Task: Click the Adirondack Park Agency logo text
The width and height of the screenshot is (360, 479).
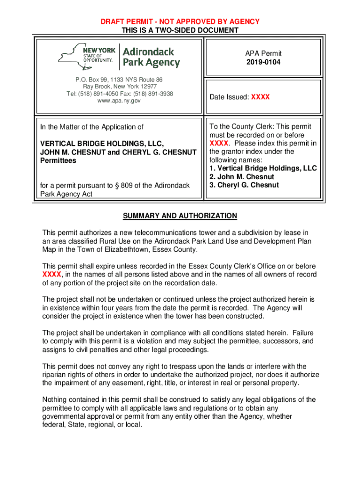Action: [x=151, y=57]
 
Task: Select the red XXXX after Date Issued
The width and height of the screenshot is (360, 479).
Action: [x=260, y=97]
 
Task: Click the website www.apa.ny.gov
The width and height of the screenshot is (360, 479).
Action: [x=119, y=101]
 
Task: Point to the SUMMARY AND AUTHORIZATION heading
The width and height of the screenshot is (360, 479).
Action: [x=180, y=216]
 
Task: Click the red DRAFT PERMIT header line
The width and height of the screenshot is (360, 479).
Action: [x=180, y=22]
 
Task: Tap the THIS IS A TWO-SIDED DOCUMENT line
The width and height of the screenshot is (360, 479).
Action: [x=180, y=30]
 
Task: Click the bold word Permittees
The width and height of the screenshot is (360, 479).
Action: [x=58, y=160]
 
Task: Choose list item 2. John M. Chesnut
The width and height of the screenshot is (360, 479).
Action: [x=242, y=177]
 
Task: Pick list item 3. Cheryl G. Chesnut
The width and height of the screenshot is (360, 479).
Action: [x=244, y=185]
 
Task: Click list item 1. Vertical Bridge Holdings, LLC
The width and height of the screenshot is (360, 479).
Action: [x=263, y=168]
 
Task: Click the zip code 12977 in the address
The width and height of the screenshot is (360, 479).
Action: [x=148, y=87]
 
